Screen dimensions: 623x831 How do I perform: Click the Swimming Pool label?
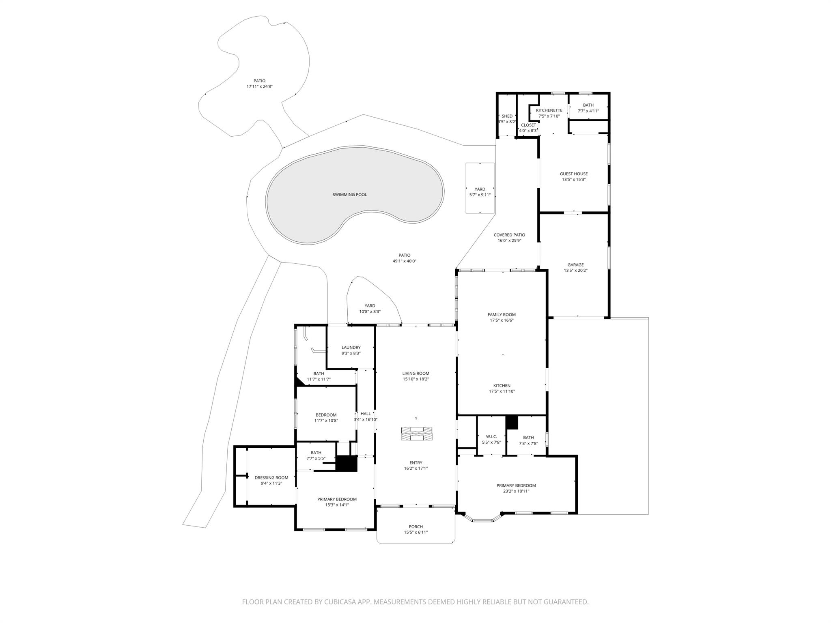349,195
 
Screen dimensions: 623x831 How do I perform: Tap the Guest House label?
573,174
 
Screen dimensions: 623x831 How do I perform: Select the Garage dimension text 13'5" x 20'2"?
575,271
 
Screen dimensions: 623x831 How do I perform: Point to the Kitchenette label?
549,110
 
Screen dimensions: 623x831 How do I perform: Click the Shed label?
507,116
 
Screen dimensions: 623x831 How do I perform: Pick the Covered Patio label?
509,235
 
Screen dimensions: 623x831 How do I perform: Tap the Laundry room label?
351,348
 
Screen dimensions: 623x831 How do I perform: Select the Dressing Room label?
271,478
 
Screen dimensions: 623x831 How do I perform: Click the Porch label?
415,527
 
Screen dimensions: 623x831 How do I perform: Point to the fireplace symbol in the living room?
417,434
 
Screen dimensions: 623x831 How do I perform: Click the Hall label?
366,414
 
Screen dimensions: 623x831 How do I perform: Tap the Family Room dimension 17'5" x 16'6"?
502,320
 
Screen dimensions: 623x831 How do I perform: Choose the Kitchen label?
502,386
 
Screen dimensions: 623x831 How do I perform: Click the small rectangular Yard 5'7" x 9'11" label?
480,189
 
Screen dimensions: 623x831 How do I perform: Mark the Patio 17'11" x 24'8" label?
259,81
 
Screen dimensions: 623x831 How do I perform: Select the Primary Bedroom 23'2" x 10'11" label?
516,486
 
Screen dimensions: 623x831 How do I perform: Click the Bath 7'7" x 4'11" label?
588,105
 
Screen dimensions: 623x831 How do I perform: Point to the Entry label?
415,463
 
